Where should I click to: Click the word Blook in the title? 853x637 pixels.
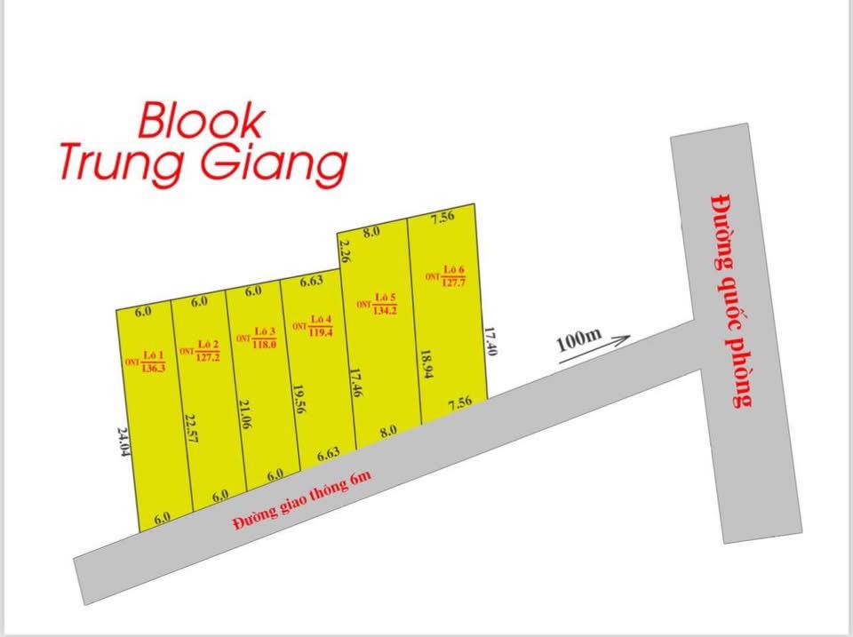[x=201, y=122]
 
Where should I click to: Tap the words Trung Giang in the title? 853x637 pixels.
[x=203, y=164]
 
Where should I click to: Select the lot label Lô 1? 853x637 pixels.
[x=153, y=353]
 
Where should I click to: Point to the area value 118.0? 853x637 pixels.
[x=264, y=344]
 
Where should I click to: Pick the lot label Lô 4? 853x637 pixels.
[x=321, y=320]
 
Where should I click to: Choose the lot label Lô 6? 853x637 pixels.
[x=455, y=269]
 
